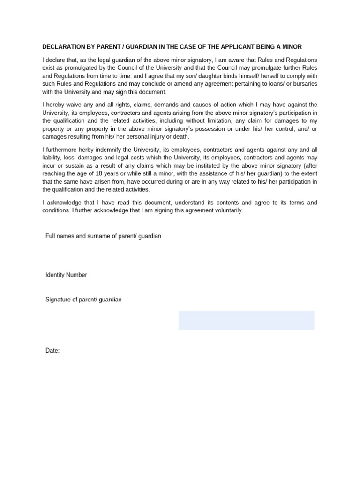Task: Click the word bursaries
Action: (303, 83)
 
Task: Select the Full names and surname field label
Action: (103, 236)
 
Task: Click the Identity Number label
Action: (66, 275)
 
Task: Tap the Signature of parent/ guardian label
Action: (83, 300)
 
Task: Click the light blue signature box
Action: (246, 321)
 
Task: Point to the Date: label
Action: (52, 351)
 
